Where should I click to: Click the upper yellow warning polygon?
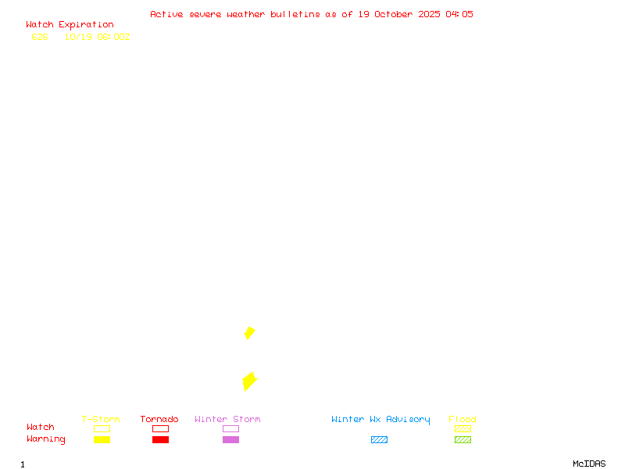coord(249,333)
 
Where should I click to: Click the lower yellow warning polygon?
coord(249,381)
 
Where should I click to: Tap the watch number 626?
coord(40,37)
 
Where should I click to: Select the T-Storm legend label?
coord(101,420)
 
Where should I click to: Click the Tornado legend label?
coord(159,420)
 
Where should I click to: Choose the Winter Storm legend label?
coord(227,420)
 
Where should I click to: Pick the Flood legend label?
coord(462,420)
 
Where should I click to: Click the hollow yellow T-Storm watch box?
coord(102,429)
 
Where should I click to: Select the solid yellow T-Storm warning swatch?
coord(102,440)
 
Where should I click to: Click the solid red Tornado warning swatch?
coord(160,440)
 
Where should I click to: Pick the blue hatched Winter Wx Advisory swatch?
coord(379,440)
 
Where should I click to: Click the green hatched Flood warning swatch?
coord(462,440)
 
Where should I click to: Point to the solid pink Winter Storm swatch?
coord(230,440)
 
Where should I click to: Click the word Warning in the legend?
coord(46,439)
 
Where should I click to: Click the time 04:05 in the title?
coord(459,14)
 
